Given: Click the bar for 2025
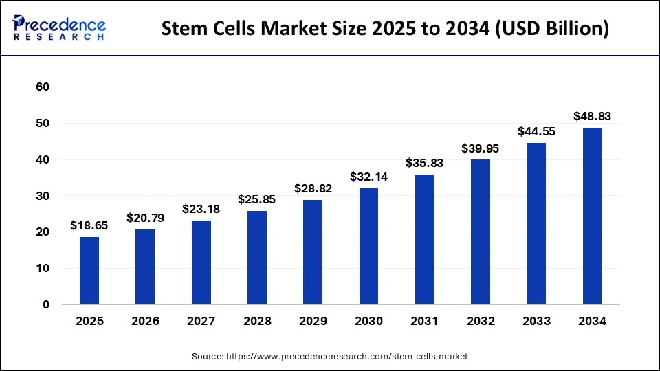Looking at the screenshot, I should pos(89,271).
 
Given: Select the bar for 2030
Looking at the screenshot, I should pos(368,246).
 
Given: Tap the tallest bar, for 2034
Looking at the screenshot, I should pos(592,216).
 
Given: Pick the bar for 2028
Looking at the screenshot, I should pos(257,258).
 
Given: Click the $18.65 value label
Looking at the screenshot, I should pos(89,225).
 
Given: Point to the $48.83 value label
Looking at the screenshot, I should pos(592,116).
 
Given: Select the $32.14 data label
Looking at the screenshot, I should pos(368,177).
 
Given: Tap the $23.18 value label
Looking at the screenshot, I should pos(201,209).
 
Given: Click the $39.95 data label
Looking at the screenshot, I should pos(481,148).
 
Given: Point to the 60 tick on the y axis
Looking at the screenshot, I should pos(43,87).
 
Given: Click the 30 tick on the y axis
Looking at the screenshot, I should pos(43,196).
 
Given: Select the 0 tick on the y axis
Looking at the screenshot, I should pos(46,304).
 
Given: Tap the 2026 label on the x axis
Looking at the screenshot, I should pos(145,321).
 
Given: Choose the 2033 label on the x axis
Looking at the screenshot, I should pos(536,321).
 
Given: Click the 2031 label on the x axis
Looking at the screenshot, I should pos(424,321).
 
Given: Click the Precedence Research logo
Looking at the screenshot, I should pos(59,28).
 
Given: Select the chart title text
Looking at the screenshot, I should pos(384,30).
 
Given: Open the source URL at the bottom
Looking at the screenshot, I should pos(330,357).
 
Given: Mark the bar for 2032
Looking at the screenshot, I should pos(481,232).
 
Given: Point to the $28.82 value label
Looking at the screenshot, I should pos(313,188).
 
